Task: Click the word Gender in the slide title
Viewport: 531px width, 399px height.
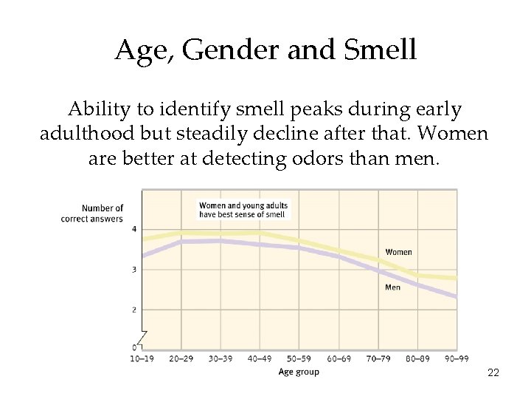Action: [223, 50]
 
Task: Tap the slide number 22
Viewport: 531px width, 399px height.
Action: [493, 372]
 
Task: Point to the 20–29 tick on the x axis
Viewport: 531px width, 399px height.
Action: [181, 358]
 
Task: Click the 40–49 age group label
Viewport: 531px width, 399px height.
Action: [260, 358]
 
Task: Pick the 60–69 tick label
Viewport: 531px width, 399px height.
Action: [339, 358]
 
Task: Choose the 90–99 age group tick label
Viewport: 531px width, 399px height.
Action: [457, 358]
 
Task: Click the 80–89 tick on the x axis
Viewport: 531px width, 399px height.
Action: [417, 358]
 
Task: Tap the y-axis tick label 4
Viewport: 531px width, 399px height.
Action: [134, 230]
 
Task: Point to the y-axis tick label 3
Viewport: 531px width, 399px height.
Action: [134, 270]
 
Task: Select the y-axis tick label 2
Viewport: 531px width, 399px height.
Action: [134, 310]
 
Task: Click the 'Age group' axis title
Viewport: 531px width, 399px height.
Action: [299, 372]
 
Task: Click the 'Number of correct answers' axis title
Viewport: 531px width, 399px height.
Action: [92, 214]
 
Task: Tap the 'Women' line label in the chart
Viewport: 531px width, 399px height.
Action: [398, 252]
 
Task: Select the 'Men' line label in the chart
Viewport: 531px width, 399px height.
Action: [392, 287]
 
